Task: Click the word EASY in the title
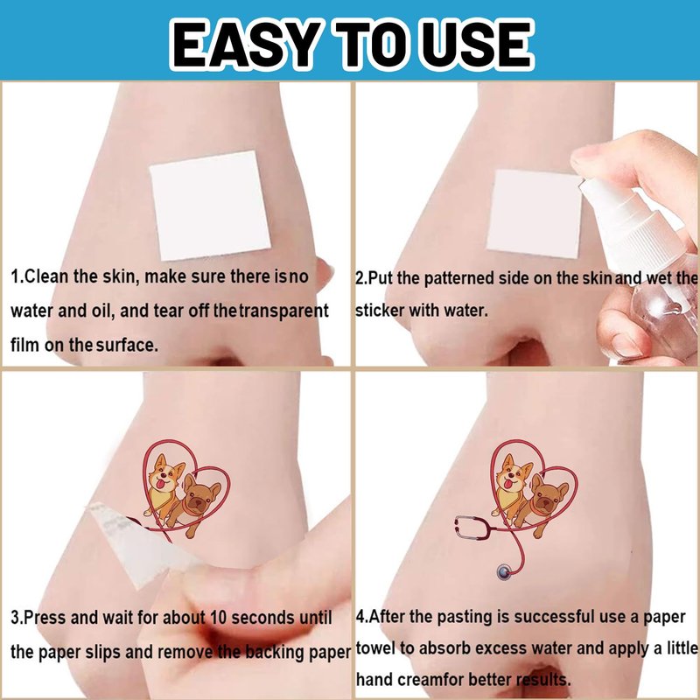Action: (x=246, y=45)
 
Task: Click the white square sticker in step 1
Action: (x=210, y=206)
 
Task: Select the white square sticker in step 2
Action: (x=534, y=214)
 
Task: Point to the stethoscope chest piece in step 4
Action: (x=505, y=572)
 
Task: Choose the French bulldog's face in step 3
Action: (x=200, y=497)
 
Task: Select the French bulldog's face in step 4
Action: (x=548, y=497)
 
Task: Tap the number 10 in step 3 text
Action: (x=218, y=618)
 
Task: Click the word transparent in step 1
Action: (x=284, y=311)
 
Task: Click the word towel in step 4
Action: (x=375, y=647)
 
